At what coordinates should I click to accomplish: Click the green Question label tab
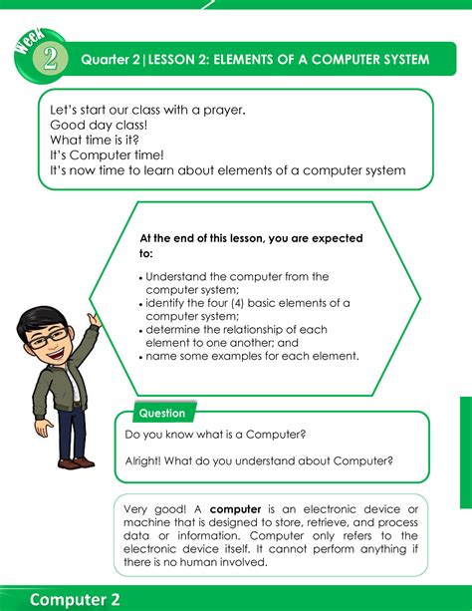(161, 413)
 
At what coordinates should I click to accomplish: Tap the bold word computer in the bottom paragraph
(235, 509)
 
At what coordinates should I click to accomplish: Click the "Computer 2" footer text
(75, 598)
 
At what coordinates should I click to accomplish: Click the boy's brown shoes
(75, 461)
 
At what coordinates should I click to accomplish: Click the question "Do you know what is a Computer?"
(215, 435)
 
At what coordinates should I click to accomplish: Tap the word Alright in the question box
(144, 460)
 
